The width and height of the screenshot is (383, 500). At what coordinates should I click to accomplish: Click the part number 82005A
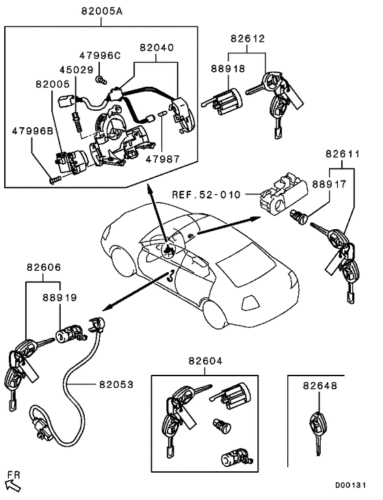[101, 12]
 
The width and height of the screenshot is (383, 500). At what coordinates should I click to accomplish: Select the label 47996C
[100, 55]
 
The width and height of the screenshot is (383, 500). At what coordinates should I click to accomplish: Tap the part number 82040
[157, 49]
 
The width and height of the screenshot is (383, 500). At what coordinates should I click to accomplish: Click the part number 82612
[247, 40]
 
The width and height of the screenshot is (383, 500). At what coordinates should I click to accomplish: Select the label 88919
[60, 298]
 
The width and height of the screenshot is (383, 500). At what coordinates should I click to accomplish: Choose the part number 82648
[321, 386]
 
